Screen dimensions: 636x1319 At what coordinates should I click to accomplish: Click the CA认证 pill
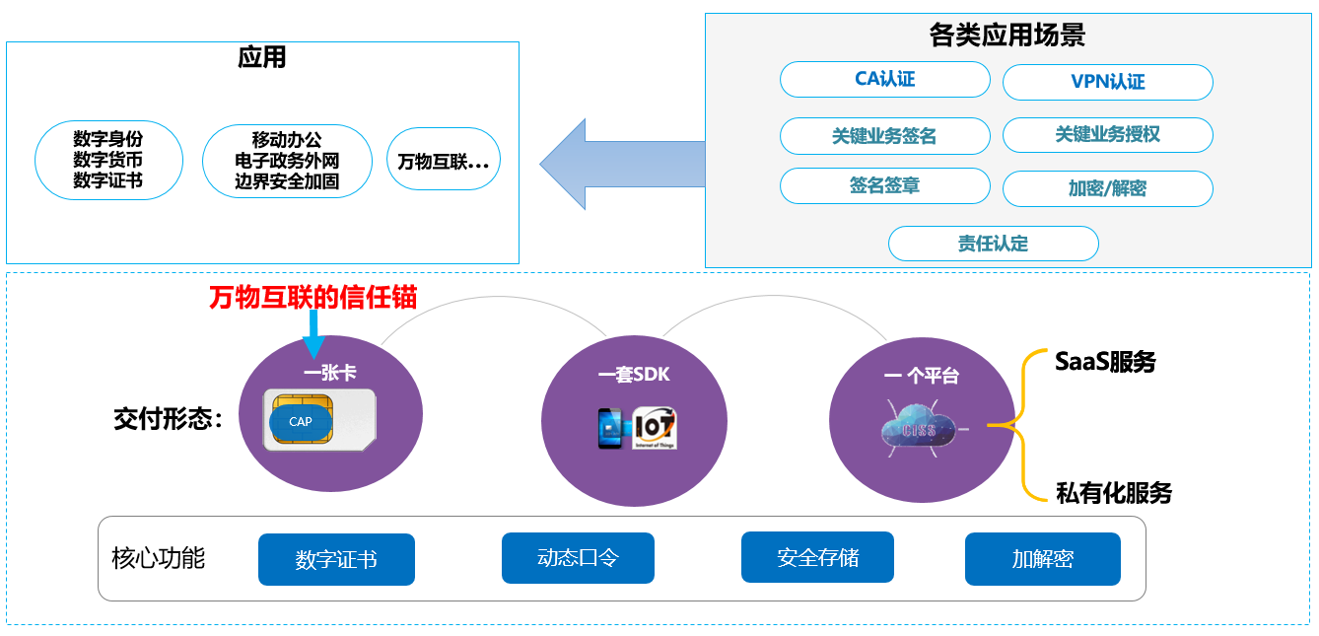tap(884, 79)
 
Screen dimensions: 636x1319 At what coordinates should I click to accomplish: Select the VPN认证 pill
tap(1107, 82)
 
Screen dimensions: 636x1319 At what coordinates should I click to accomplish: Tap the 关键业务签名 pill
tap(884, 136)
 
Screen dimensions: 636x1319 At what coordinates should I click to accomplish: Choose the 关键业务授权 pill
tap(1107, 134)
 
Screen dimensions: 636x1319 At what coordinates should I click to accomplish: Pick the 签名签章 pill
tap(884, 185)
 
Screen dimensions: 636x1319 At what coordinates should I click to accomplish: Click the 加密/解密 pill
tap(1107, 188)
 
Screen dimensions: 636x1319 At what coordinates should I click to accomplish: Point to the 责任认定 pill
tap(993, 244)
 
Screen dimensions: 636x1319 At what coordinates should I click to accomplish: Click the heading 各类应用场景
tap(1007, 36)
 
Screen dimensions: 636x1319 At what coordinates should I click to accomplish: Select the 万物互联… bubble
tap(444, 161)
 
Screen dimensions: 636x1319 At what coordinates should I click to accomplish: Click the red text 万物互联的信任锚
tap(312, 297)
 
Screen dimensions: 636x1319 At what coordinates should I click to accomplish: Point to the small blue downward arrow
tap(313, 334)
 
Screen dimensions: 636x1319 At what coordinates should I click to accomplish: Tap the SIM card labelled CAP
tap(320, 420)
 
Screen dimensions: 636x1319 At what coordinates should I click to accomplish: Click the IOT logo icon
tap(655, 428)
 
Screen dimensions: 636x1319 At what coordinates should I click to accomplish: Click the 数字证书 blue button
tap(336, 560)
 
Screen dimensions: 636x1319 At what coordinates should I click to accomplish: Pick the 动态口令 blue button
tap(578, 558)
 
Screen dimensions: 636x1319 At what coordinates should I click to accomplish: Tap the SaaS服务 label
tap(1105, 362)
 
